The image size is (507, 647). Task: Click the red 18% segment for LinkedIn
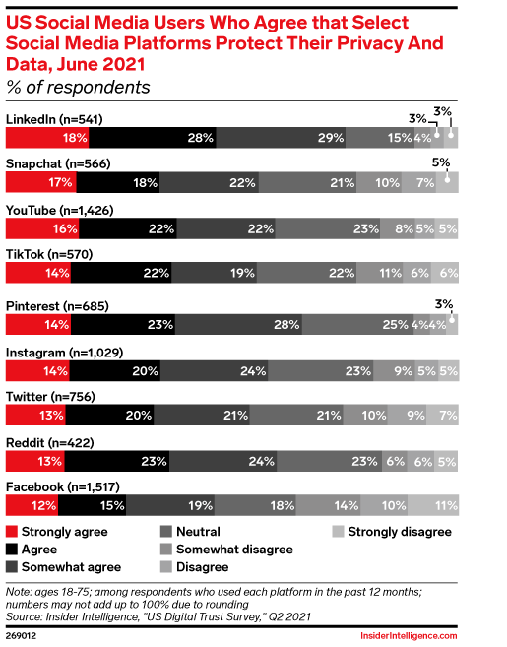coord(47,138)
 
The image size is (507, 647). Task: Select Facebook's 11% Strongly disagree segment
coord(433,505)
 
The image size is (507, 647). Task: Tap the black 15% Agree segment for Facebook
coord(92,505)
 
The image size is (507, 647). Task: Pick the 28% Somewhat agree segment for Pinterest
coord(238,324)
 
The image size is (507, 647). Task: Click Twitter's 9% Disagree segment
coord(407,415)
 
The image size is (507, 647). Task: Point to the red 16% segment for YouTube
coord(42,228)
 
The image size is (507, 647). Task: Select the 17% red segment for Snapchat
coord(40,182)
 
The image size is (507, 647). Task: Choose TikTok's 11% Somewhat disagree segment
coord(380,273)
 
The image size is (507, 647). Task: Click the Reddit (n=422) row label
coord(50,443)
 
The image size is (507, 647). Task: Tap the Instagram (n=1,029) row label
coord(64,353)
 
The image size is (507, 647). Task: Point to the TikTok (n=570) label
coord(49,254)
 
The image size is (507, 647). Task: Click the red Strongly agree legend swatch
coord(12,532)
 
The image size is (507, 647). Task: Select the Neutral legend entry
coord(190,532)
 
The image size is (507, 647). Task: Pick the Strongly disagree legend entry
coord(392,532)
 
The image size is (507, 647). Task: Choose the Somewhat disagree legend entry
coord(226,550)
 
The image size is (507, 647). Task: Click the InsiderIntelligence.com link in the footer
coord(409,635)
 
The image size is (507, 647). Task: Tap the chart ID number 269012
coord(21,635)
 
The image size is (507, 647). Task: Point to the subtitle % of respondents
coord(78,87)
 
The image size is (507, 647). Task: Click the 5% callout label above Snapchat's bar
coord(441,162)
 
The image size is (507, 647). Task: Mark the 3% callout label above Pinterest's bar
coord(444,304)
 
